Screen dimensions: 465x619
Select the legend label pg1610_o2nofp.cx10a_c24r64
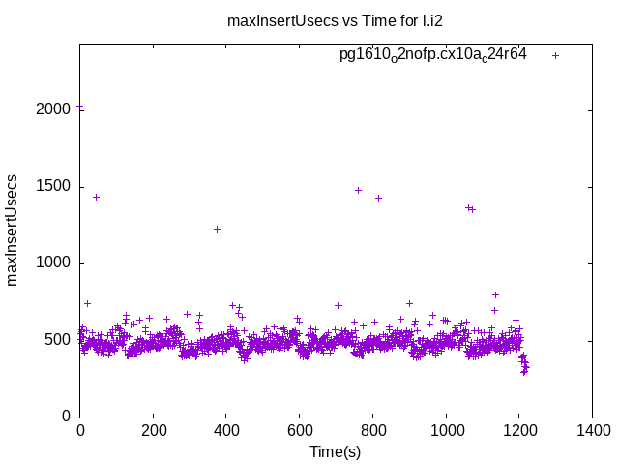pyautogui.click(x=432, y=55)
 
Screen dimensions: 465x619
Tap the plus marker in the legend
pyautogui.click(x=555, y=55)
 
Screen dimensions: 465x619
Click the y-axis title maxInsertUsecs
pyautogui.click(x=13, y=230)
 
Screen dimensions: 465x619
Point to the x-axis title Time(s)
pyautogui.click(x=336, y=451)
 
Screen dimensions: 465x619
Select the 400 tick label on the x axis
pyautogui.click(x=226, y=431)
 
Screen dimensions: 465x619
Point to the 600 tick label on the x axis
pyautogui.click(x=300, y=431)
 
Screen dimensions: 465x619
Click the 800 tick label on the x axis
pyautogui.click(x=373, y=431)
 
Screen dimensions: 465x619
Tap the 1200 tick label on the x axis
pyautogui.click(x=519, y=431)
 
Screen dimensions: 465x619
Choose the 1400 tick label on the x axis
pyautogui.click(x=592, y=431)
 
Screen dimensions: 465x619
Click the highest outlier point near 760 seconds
pyautogui.click(x=358, y=190)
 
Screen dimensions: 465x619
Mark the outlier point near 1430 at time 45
pyautogui.click(x=96, y=197)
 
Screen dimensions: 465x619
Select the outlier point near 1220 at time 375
pyautogui.click(x=217, y=229)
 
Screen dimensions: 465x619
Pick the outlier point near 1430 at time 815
pyautogui.click(x=378, y=198)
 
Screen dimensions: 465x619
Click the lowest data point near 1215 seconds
pyautogui.click(x=524, y=371)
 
